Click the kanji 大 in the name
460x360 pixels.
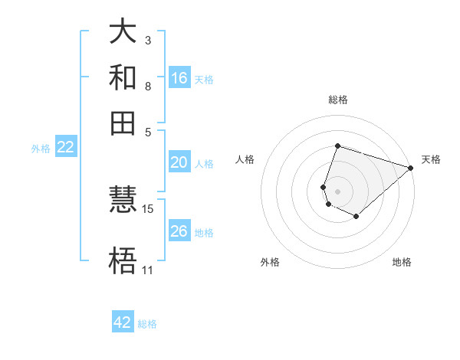click(123, 33)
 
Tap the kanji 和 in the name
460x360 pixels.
click(123, 77)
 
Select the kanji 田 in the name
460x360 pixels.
click(123, 122)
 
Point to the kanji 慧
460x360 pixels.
click(123, 201)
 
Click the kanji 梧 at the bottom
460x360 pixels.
click(123, 260)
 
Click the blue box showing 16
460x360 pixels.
click(179, 78)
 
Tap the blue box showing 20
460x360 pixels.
click(179, 162)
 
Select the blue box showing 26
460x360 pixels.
click(179, 231)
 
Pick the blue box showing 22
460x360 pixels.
click(65, 148)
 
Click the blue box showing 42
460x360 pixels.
click(123, 322)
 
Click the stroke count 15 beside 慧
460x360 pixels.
click(148, 208)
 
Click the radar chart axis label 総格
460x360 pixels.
click(337, 100)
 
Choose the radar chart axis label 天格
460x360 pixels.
click(431, 159)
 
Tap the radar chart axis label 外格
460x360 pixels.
click(270, 262)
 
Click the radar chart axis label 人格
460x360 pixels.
click(245, 159)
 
